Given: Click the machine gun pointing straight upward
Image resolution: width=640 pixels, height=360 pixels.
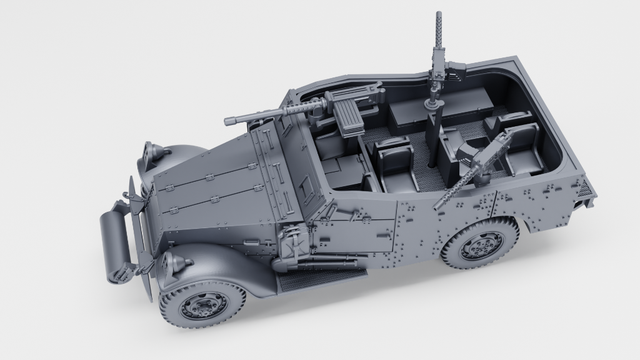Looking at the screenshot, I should pyautogui.click(x=437, y=44).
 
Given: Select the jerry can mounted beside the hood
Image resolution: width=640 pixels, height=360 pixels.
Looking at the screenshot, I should pyautogui.click(x=289, y=245).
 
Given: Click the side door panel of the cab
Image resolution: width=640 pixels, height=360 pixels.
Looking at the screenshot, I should pyautogui.click(x=362, y=231).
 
